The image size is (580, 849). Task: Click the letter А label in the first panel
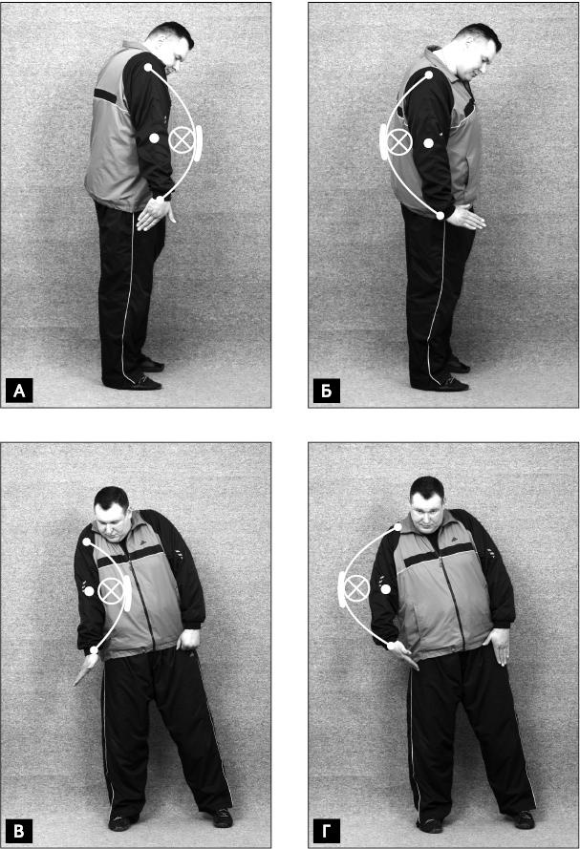19,391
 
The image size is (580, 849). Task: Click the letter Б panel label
327,391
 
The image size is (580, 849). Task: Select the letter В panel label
19,831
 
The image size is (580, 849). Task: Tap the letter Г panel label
327,831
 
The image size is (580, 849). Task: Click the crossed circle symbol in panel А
182,140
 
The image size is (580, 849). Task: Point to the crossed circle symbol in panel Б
399,142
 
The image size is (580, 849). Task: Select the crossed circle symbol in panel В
111,590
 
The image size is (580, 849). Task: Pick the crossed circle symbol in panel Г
356,588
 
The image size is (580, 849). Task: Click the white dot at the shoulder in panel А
148,68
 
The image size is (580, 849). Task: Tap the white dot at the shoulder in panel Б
428,75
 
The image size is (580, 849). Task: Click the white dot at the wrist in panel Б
440,216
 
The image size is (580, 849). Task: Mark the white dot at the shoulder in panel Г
397,527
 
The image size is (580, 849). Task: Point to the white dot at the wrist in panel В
95,649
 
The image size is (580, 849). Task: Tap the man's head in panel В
112,512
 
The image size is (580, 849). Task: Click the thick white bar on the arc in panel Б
383,142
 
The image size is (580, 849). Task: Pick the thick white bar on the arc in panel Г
342,588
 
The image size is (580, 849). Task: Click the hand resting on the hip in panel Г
497,645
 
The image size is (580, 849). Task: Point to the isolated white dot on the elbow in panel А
155,138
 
